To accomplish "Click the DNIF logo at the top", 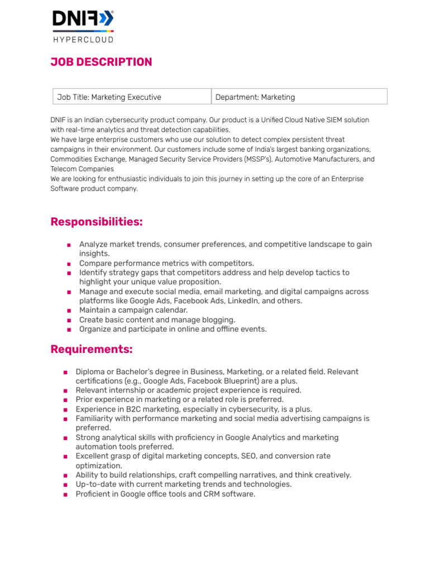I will coord(83,20).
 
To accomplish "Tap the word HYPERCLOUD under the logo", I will coord(83,40).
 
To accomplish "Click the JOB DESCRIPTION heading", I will coord(101,62).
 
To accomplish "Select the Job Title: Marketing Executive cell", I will coord(109,97).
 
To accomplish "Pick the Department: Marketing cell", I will coord(255,97).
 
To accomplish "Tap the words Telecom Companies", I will coord(82,169).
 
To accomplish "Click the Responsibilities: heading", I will coord(97,222).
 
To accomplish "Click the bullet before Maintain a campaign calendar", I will coord(68,311).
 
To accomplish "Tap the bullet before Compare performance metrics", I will coord(68,264).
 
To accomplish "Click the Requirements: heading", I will coord(92,349).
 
